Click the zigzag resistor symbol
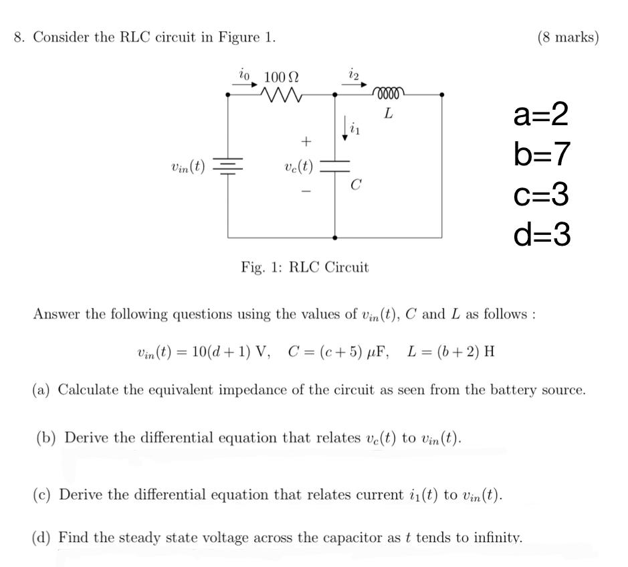[282, 96]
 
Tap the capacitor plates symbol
[334, 166]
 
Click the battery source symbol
[228, 166]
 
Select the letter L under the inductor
[387, 114]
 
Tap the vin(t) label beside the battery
[188, 165]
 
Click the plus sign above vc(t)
[306, 141]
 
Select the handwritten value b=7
[542, 155]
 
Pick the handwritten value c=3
[542, 194]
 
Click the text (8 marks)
[568, 37]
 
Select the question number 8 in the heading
[18, 37]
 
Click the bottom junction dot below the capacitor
[334, 237]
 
